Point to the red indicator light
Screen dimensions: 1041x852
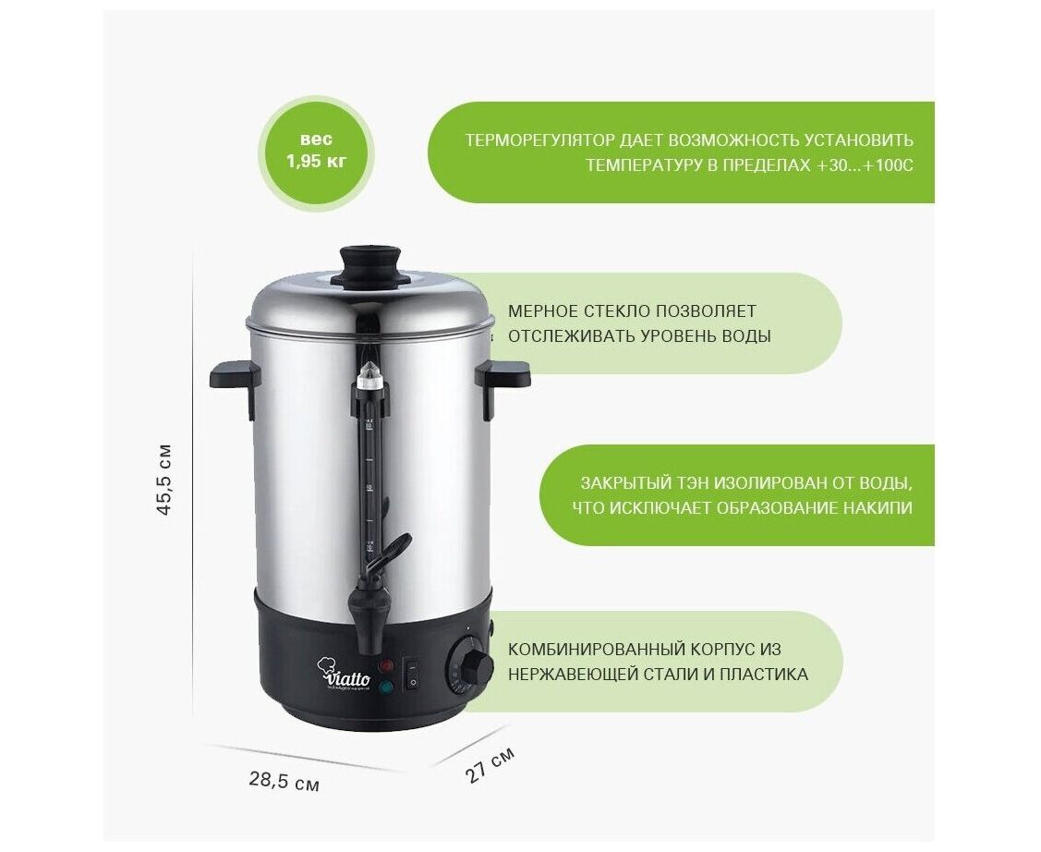click(x=386, y=664)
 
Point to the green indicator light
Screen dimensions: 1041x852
click(x=385, y=688)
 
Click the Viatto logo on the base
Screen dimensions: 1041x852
click(x=344, y=675)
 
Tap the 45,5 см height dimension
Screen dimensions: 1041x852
click(x=164, y=478)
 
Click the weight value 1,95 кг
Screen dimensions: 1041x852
click(x=317, y=162)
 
